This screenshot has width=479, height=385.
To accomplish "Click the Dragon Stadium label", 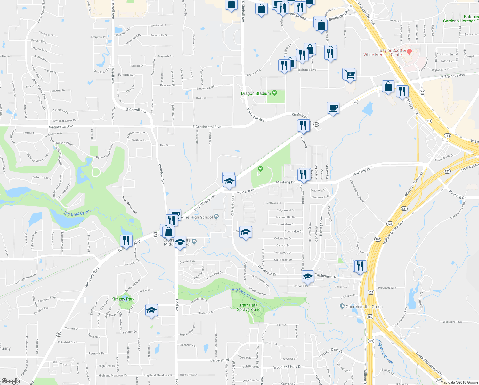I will pyautogui.click(x=256, y=93).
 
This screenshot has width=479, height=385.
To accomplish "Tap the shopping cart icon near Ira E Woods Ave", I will pyautogui.click(x=350, y=75).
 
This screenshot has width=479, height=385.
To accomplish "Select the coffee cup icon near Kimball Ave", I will pyautogui.click(x=333, y=108).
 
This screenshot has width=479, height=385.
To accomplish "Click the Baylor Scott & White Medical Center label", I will pyautogui.click(x=385, y=53).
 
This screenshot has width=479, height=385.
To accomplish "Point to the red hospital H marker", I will pyautogui.click(x=409, y=51).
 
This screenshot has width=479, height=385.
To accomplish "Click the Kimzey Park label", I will pyautogui.click(x=123, y=299).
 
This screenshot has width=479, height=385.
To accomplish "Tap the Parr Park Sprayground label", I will pyautogui.click(x=249, y=307).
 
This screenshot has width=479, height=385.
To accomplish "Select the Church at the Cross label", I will pyautogui.click(x=364, y=307).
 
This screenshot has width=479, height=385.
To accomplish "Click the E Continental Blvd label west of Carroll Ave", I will pyautogui.click(x=59, y=127).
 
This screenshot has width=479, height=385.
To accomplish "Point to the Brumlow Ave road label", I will pyautogui.click(x=162, y=174).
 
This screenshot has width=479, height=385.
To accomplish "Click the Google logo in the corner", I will pyautogui.click(x=11, y=381).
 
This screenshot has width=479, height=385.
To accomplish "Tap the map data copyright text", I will pyautogui.click(x=459, y=382).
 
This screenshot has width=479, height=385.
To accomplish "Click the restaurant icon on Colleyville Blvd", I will pyautogui.click(x=126, y=241).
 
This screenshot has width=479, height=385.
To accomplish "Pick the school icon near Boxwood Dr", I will pyautogui.click(x=151, y=310).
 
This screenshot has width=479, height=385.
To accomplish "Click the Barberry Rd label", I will pyautogui.click(x=219, y=360).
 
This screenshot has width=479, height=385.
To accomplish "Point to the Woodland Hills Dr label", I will pyautogui.click(x=287, y=367).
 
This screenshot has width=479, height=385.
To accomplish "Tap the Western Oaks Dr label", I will pyautogui.click(x=330, y=353).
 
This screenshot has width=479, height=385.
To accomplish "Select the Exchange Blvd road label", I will pyautogui.click(x=307, y=70).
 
